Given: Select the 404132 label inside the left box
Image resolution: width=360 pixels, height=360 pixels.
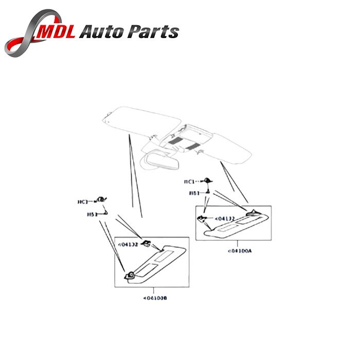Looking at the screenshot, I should click(129, 245).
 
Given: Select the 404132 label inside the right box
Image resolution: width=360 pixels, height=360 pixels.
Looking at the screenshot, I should click(224, 219).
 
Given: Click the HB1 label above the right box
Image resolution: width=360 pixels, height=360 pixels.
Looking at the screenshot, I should click(194, 193).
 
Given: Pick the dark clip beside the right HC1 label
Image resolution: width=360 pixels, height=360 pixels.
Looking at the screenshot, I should click(208, 180).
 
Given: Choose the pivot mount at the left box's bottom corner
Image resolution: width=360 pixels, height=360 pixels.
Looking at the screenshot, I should click(131, 275).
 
